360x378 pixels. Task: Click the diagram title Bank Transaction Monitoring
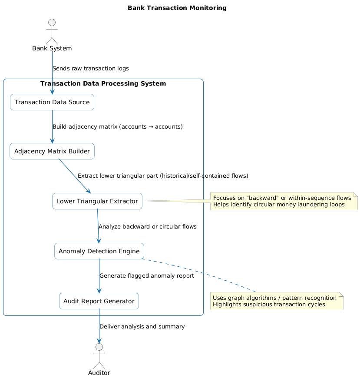pos(177,8)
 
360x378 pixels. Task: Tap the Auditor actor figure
pos(99,356)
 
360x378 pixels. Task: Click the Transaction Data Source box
pos(52,102)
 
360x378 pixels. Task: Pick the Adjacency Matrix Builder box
pos(52,151)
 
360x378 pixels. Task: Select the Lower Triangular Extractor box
pos(97,201)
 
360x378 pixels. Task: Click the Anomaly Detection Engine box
pos(99,251)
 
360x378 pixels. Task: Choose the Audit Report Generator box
pos(99,301)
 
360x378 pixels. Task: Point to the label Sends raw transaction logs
pos(90,69)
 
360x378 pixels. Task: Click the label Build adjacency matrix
pos(117,127)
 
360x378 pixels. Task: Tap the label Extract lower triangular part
pos(162,176)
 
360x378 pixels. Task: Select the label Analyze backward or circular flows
pos(147,227)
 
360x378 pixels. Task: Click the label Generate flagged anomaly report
pos(146,276)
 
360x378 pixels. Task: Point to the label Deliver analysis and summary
pos(142,327)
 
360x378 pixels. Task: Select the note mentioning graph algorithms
pos(277,301)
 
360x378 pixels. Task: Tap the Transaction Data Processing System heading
pos(103,83)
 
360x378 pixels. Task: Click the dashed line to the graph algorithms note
pos(200,276)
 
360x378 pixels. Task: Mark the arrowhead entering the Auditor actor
pos(99,340)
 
